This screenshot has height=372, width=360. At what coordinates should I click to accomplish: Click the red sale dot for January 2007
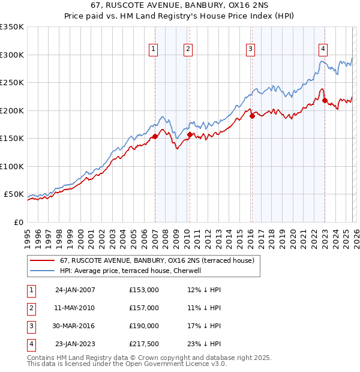coord(155,137)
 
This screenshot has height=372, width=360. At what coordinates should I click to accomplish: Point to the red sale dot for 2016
coord(252,116)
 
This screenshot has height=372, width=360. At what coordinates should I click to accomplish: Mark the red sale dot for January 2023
coord(325,101)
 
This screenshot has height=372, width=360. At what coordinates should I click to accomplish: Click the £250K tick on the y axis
coord(12,83)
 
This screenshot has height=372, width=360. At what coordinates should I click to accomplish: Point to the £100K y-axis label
coord(12,166)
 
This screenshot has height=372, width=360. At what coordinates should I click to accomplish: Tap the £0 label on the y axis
coord(18,222)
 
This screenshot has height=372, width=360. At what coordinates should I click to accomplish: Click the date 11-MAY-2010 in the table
coord(75,308)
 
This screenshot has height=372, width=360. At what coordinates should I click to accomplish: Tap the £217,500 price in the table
coord(144,344)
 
